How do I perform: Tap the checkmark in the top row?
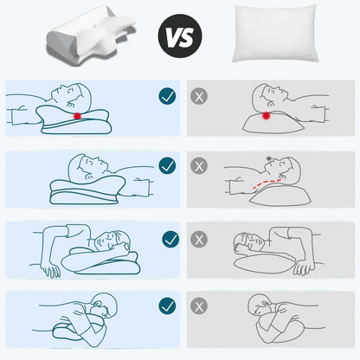click(168, 96)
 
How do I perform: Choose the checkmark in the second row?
click(168, 164)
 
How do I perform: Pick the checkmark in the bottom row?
click(168, 305)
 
